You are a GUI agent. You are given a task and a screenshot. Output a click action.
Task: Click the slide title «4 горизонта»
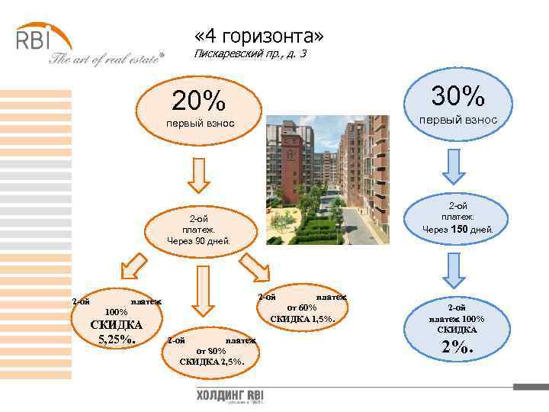[x=259, y=36]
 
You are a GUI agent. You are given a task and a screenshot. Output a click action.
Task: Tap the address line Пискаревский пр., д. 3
[x=251, y=54]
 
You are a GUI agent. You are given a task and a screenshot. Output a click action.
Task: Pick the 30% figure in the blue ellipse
[x=457, y=96]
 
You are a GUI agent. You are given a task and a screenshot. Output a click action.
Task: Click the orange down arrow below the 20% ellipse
[x=198, y=175]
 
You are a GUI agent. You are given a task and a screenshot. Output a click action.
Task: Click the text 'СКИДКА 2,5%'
[x=211, y=361]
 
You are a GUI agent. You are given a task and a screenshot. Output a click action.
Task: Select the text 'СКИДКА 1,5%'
[x=303, y=317]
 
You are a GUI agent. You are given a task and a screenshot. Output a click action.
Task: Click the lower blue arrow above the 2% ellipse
[x=453, y=268]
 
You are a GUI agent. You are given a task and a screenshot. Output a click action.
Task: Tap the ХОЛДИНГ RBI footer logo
[x=230, y=398]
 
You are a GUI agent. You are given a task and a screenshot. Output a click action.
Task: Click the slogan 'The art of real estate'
[x=107, y=60]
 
